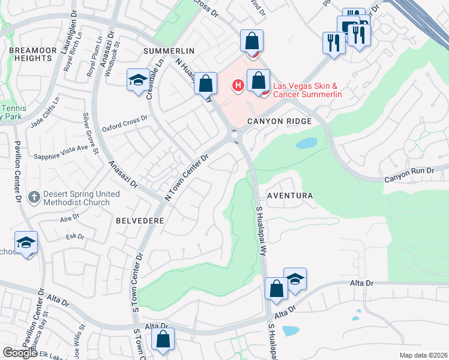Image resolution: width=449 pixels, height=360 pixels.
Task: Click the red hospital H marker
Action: (x=238, y=86)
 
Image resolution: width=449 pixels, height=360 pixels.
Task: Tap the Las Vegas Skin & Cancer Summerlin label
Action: (x=307, y=90)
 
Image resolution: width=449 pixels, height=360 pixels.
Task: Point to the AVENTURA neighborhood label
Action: (x=290, y=196)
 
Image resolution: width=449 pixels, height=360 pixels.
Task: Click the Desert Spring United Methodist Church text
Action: (x=82, y=199)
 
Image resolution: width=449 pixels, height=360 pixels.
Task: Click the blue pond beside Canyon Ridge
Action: (x=306, y=143)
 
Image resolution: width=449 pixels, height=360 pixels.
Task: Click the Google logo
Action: (x=20, y=353)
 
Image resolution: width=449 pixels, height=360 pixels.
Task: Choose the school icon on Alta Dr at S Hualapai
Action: (x=295, y=279)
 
